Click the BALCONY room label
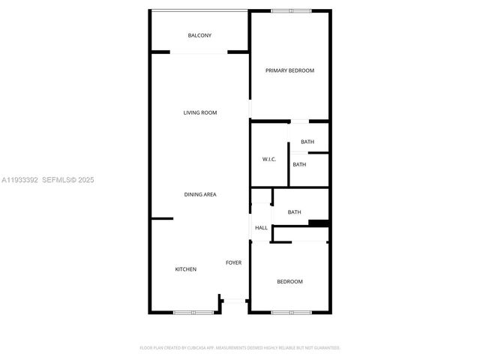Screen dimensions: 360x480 (x=199, y=35)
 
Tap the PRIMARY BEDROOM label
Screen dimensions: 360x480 (x=289, y=70)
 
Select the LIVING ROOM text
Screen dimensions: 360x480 (x=200, y=112)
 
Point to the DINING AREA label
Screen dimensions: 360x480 (x=200, y=194)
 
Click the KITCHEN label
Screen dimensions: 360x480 (x=186, y=268)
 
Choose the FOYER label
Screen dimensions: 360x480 (x=234, y=262)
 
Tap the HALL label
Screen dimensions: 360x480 (x=261, y=228)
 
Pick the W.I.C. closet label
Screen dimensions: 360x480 (x=269, y=159)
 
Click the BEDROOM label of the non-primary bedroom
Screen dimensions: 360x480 (x=289, y=281)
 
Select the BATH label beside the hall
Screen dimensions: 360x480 (x=294, y=212)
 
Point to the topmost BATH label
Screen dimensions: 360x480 (x=307, y=142)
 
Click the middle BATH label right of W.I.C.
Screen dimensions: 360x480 (x=299, y=164)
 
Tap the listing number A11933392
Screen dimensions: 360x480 (x=19, y=180)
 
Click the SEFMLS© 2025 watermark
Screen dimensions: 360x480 (x=67, y=180)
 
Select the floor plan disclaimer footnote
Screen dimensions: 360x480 (x=240, y=348)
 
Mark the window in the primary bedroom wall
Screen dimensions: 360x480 (x=291, y=10)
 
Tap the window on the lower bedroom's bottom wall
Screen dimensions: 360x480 (x=291, y=312)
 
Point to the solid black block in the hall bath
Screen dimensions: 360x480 (x=319, y=223)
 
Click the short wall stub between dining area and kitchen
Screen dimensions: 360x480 (x=162, y=218)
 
